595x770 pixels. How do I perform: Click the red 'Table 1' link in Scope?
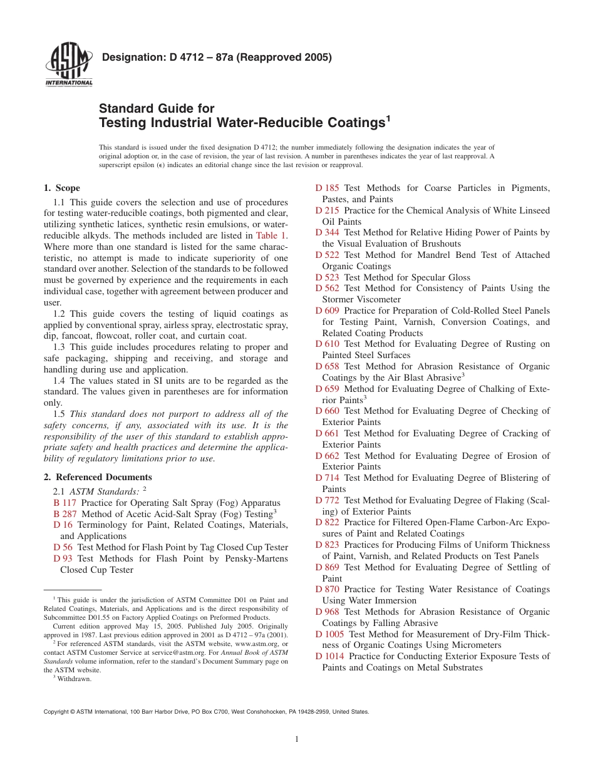271,236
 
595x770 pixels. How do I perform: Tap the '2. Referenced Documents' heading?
98,477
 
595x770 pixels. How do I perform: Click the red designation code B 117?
65,503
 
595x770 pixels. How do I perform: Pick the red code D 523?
328,277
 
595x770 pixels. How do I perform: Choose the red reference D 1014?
330,656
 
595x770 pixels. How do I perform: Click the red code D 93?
63,558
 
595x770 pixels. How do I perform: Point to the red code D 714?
328,478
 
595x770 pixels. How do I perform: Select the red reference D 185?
328,188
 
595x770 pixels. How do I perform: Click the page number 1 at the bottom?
297,739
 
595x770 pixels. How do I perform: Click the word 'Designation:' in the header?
133,58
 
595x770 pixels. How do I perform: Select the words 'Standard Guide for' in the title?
157,108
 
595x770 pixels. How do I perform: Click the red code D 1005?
330,634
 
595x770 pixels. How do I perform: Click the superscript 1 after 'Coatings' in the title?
388,118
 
